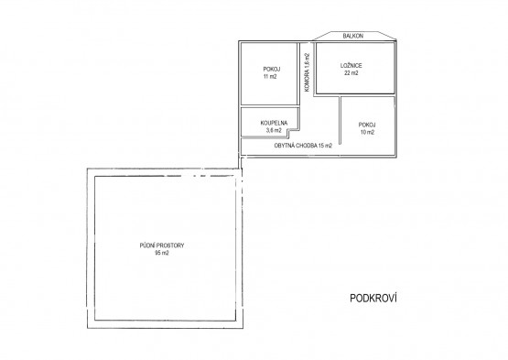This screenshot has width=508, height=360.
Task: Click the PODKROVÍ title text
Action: (x=373, y=298)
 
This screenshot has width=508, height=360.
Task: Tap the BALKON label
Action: (x=352, y=36)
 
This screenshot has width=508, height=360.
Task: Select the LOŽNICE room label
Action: (x=351, y=66)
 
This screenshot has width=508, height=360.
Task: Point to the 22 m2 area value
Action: (x=351, y=73)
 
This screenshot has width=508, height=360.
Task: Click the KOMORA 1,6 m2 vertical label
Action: (x=308, y=72)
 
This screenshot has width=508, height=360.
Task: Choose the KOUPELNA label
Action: (x=274, y=123)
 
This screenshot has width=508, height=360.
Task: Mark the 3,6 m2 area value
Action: (x=274, y=130)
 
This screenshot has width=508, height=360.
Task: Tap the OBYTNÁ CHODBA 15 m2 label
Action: (x=303, y=146)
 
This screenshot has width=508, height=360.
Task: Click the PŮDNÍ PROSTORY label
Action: (x=162, y=245)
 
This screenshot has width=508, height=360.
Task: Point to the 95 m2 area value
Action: (x=162, y=253)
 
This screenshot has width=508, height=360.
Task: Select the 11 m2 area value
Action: (x=270, y=77)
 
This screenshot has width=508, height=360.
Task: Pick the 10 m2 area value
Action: (x=367, y=132)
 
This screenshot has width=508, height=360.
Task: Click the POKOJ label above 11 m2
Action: (x=272, y=69)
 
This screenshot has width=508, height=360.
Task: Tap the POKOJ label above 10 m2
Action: (x=367, y=125)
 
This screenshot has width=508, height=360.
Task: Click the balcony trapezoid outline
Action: (x=354, y=32)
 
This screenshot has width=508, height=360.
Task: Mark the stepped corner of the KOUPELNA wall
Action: (x=290, y=130)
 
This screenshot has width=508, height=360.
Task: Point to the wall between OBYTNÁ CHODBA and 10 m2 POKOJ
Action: (x=340, y=120)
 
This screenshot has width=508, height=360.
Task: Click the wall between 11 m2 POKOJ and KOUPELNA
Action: (x=270, y=106)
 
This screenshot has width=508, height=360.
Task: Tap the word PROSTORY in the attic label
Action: (x=171, y=245)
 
